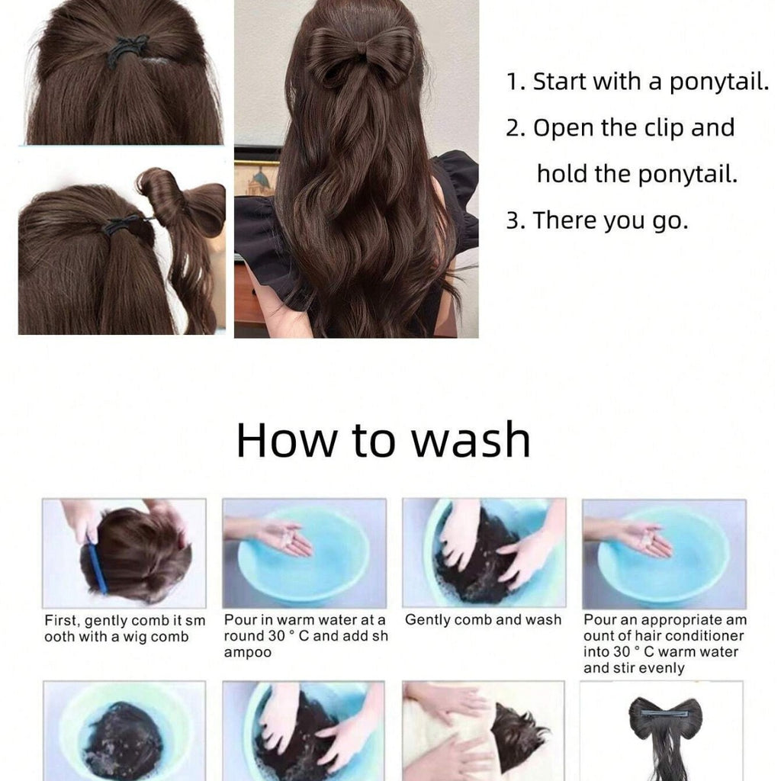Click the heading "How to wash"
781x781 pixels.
click(x=383, y=439)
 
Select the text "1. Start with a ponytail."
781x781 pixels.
click(x=638, y=82)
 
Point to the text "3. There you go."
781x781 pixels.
click(x=597, y=220)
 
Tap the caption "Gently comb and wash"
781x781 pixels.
click(x=483, y=619)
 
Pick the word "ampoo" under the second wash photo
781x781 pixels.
click(x=248, y=652)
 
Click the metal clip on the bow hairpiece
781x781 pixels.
click(x=665, y=713)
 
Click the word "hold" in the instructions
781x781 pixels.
click(x=563, y=174)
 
